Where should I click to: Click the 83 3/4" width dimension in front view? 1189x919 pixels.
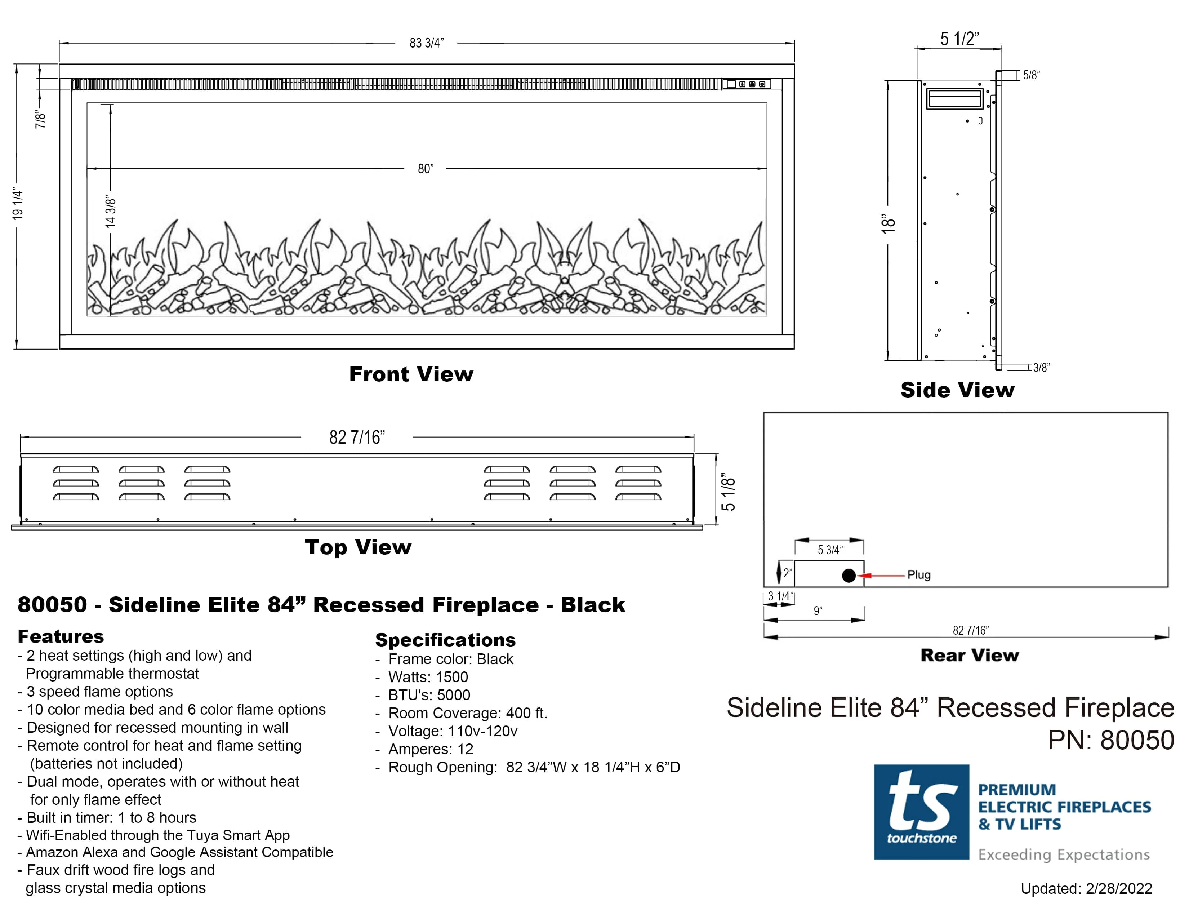tap(426, 43)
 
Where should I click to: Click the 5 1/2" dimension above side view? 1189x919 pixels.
tap(959, 39)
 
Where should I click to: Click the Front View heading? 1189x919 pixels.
tap(411, 374)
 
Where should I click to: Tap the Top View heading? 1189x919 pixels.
tap(358, 547)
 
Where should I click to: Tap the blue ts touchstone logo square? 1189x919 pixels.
tap(921, 812)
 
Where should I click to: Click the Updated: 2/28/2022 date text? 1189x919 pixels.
tap(1086, 888)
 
